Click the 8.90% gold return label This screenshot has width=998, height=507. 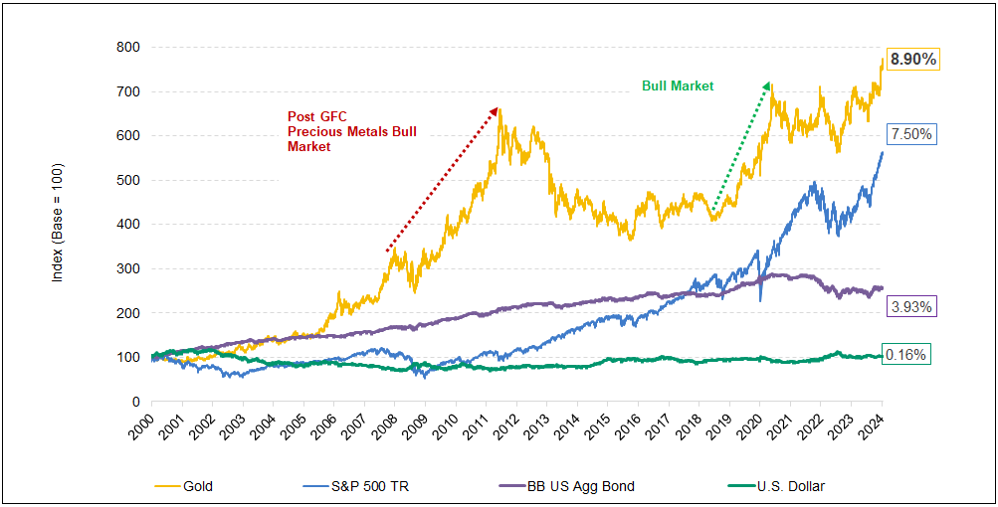click(x=913, y=60)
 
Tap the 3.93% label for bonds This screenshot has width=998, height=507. click(x=911, y=307)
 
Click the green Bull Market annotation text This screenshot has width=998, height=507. click(x=678, y=86)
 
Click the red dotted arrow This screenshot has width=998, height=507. click(x=442, y=179)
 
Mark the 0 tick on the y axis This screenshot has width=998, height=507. click(x=132, y=402)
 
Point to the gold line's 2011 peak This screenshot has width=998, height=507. click(x=499, y=109)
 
